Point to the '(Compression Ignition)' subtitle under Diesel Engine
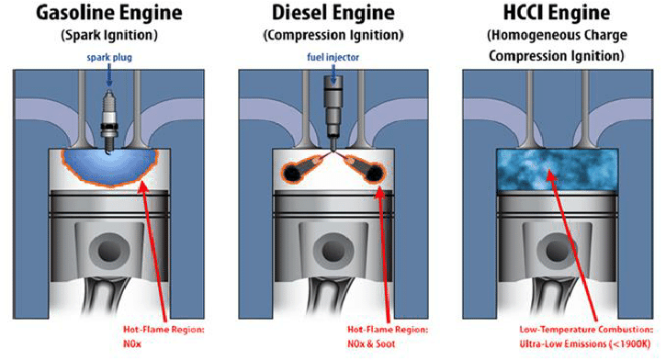(334, 37)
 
